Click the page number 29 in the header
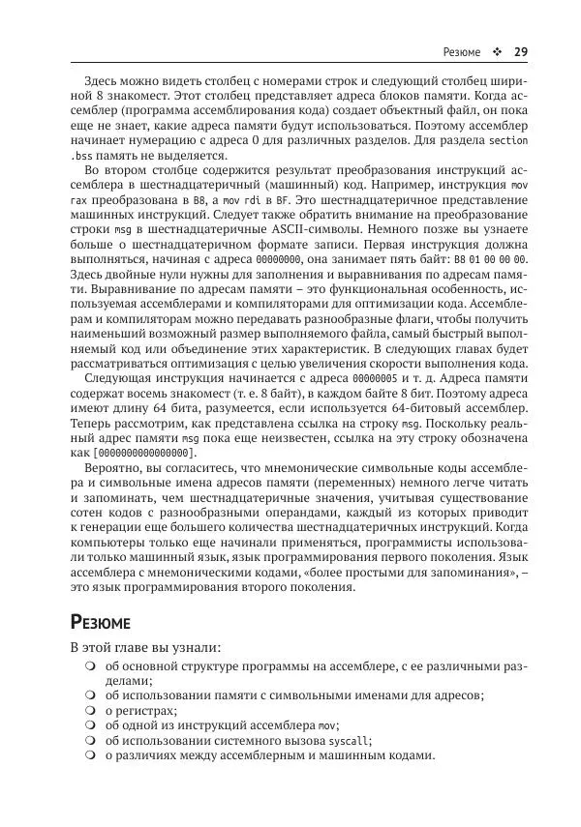(x=520, y=52)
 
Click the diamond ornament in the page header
(x=495, y=52)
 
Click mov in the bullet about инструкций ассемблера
(x=327, y=724)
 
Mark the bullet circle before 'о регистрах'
(x=89, y=709)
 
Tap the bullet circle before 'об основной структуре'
(x=89, y=666)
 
